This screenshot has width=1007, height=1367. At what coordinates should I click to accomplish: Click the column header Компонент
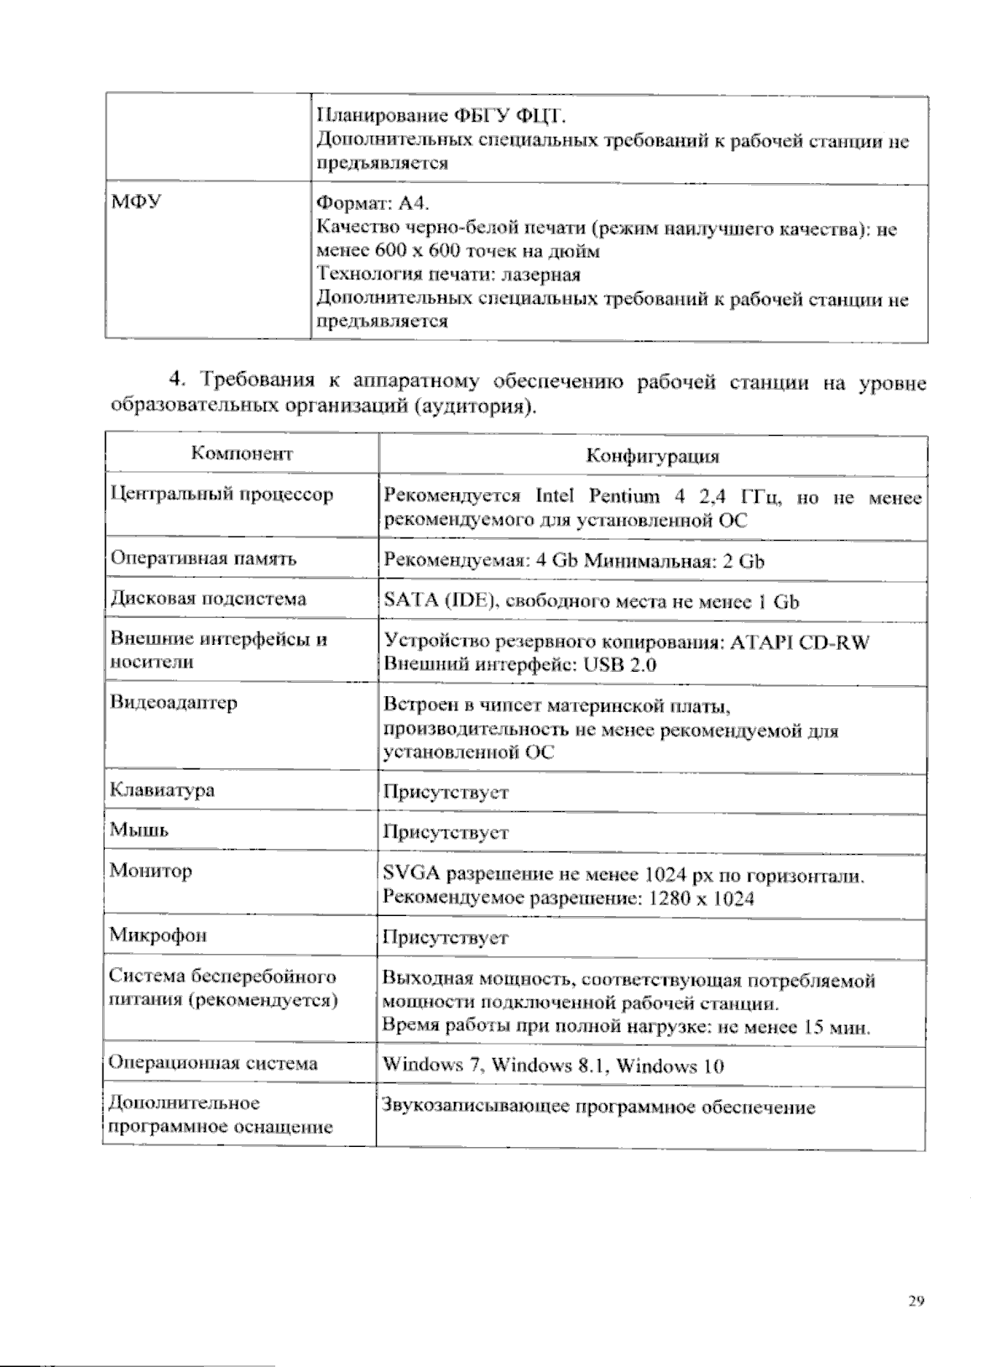242,454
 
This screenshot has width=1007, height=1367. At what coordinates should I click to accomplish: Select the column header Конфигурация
652,456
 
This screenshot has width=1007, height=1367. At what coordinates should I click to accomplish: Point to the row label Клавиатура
162,790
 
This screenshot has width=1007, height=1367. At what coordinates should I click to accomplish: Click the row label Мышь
139,830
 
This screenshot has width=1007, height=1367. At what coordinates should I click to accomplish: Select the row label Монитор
151,871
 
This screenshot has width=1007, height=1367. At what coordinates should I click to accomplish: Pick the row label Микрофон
158,935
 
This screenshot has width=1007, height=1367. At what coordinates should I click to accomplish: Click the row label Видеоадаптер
174,703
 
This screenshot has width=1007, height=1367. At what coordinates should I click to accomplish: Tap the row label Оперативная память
203,558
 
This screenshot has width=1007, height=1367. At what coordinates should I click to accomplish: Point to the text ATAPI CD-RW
800,642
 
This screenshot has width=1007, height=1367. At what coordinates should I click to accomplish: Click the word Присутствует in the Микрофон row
446,937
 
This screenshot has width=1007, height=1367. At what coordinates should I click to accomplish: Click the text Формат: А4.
373,203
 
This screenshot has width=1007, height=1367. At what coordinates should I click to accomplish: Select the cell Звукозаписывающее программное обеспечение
598,1108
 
